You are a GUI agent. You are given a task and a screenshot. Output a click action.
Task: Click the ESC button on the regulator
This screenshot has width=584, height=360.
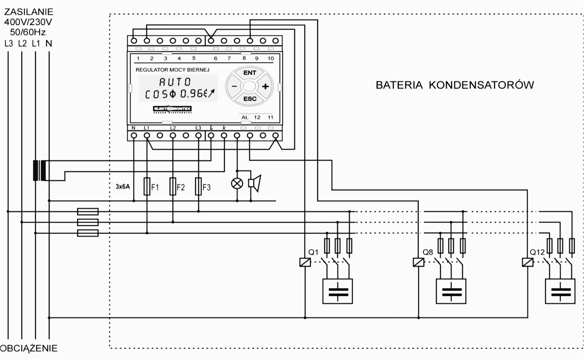[250, 99]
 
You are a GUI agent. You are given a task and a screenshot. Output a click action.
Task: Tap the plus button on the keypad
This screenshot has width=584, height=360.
[265, 86]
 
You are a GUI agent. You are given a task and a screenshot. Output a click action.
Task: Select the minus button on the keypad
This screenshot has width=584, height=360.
[234, 86]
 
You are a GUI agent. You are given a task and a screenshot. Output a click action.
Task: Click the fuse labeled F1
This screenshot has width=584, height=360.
[147, 187]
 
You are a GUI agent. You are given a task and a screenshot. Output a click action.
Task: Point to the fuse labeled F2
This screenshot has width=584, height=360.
[173, 187]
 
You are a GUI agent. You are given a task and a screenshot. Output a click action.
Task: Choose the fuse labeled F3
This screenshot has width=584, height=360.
[198, 187]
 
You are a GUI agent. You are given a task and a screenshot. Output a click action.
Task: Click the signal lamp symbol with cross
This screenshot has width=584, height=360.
[237, 184]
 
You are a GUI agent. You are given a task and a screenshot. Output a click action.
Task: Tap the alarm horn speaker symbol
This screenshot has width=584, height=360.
[254, 184]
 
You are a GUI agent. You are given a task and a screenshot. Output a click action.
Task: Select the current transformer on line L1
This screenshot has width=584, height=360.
[39, 171]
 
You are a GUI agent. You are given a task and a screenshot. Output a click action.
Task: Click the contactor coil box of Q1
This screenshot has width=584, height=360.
[305, 262]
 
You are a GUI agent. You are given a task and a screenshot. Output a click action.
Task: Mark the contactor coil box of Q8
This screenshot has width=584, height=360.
[418, 262]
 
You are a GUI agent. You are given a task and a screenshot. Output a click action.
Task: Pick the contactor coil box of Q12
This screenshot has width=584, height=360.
[528, 262]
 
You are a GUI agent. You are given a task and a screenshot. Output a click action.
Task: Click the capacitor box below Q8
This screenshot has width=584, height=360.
[451, 292]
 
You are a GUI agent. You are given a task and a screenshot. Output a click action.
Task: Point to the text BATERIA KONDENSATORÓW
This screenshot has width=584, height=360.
[454, 85]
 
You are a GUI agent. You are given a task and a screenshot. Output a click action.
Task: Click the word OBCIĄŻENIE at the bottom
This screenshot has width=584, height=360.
[29, 348]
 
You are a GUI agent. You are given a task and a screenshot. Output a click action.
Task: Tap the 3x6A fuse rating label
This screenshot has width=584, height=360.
[123, 187]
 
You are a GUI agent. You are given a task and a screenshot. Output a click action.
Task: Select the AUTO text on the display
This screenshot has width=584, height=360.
[175, 82]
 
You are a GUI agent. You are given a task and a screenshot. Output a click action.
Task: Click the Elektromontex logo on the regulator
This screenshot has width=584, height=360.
[172, 109]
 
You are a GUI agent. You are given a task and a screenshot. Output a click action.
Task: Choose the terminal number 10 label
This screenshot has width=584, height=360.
[270, 58]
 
